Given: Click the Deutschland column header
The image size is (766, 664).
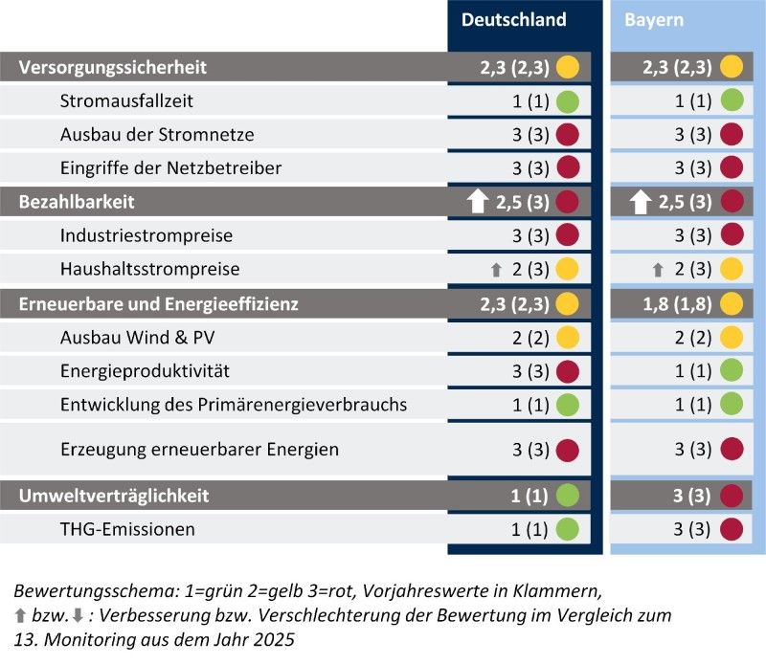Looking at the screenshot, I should pyautogui.click(x=513, y=20).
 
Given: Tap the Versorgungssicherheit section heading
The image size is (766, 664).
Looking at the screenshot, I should pyautogui.click(x=113, y=67).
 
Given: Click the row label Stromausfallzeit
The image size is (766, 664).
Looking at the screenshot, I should pyautogui.click(x=119, y=100).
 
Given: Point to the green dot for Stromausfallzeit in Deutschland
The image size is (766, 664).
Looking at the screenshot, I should pyautogui.click(x=568, y=100).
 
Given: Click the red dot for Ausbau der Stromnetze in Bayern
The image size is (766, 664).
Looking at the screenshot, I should pyautogui.click(x=732, y=134).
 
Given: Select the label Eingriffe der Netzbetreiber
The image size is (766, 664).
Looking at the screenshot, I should pyautogui.click(x=170, y=167).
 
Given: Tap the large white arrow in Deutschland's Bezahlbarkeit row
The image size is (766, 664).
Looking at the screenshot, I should pyautogui.click(x=478, y=202).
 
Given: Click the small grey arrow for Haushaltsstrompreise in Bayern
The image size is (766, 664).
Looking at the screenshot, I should pyautogui.click(x=657, y=270).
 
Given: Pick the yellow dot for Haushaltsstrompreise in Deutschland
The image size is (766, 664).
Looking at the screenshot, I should pyautogui.click(x=568, y=270).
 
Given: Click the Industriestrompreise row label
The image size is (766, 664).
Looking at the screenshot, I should pyautogui.click(x=146, y=235).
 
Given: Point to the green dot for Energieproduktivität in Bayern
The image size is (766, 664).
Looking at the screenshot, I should pyautogui.click(x=732, y=370).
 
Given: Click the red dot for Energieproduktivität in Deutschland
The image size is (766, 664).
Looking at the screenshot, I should pyautogui.click(x=568, y=370).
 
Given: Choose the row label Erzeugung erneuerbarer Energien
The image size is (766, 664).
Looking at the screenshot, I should pyautogui.click(x=199, y=449).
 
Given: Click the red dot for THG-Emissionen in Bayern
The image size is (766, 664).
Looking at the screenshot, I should pyautogui.click(x=732, y=529).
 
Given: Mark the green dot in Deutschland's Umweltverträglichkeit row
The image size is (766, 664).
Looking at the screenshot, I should pyautogui.click(x=568, y=496).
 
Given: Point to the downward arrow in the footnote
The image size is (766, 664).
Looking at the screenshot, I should pyautogui.click(x=79, y=614).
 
